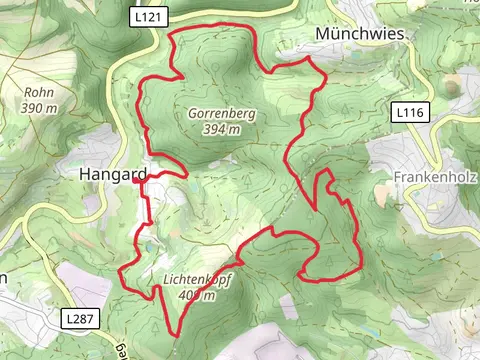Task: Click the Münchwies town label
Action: [360, 33]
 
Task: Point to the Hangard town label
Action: [111, 174]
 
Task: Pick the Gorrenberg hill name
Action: [221, 114]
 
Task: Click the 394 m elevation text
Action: [221, 129]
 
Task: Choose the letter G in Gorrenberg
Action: [192, 114]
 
